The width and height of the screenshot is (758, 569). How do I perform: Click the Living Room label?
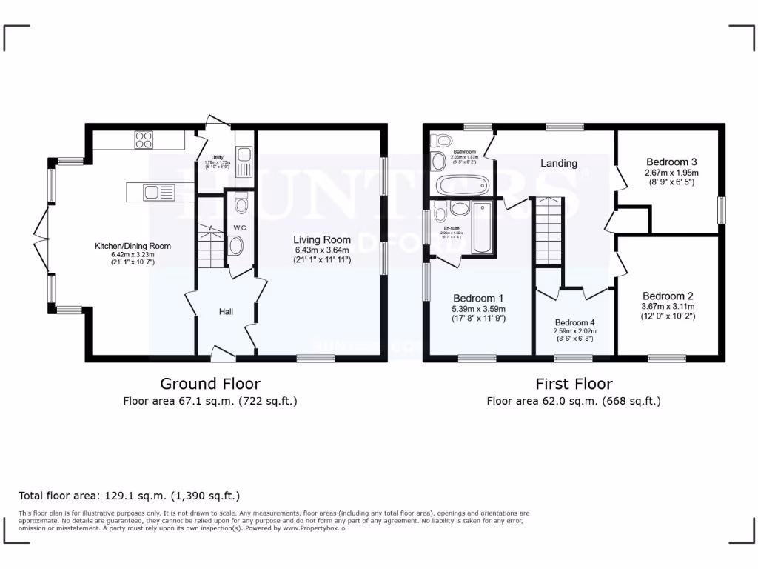(x=321, y=239)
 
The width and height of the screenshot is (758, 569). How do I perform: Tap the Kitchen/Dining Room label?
(x=133, y=246)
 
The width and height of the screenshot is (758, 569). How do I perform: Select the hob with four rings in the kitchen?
(x=143, y=139)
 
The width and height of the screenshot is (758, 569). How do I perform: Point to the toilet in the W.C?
(x=236, y=245)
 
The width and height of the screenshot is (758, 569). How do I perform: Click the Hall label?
(x=226, y=312)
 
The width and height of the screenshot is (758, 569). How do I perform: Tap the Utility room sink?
(x=245, y=156)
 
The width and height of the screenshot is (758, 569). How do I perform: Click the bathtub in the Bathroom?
(x=458, y=184)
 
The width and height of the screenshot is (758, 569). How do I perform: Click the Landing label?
(x=558, y=163)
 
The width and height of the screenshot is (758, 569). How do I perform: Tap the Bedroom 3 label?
(x=671, y=162)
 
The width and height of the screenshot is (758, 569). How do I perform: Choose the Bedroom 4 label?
(x=574, y=322)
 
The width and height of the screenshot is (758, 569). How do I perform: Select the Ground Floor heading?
(x=210, y=384)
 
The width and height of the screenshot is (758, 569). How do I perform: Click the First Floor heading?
(x=574, y=384)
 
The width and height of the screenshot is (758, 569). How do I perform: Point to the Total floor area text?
(x=129, y=496)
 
